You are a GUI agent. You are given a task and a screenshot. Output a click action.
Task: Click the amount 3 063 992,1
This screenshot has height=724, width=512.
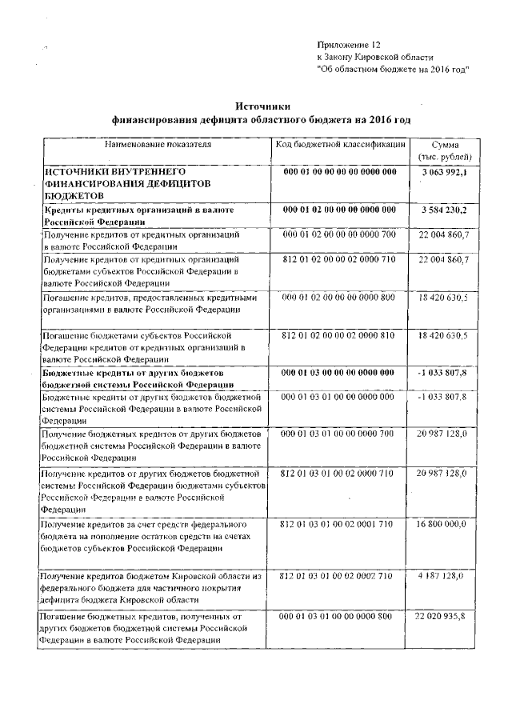tap(443, 172)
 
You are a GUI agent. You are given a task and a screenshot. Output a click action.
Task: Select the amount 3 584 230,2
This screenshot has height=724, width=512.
tap(443, 210)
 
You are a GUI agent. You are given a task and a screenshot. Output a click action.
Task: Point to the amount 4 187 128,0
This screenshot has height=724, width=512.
tap(443, 575)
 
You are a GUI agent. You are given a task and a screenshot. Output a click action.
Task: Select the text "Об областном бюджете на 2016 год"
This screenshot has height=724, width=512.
tap(393, 70)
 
